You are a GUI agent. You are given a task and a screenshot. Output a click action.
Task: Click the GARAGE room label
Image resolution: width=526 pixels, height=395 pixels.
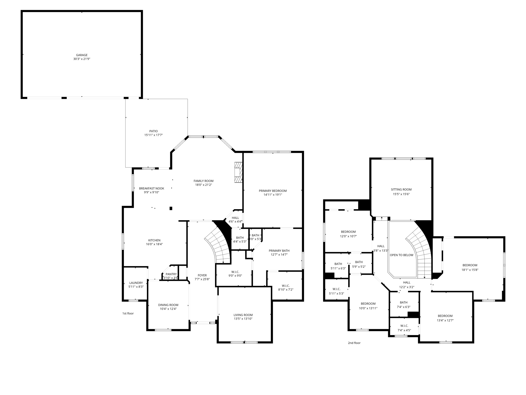[x=82, y=55]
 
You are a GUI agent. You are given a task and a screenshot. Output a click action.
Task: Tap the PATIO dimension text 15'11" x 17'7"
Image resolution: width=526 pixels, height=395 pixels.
[x=153, y=135]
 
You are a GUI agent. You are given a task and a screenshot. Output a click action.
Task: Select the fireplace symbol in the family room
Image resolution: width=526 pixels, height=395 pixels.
[x=238, y=172]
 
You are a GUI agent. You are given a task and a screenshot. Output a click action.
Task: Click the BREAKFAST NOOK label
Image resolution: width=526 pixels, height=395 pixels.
[x=152, y=188]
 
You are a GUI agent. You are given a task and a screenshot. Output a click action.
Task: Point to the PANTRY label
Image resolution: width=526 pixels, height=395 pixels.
[x=171, y=274]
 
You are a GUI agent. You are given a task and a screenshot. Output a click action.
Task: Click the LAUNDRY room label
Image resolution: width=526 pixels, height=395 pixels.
[x=136, y=283]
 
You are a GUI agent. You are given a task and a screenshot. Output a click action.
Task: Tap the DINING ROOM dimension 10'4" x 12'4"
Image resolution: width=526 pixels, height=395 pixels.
[x=168, y=309]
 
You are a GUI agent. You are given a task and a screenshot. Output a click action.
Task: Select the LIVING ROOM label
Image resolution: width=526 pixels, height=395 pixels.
[x=243, y=315]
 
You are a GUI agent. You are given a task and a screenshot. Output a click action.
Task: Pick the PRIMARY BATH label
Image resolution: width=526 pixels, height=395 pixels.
[x=279, y=251]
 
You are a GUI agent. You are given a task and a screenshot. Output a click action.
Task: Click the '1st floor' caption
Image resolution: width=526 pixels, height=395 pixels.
[x=128, y=313]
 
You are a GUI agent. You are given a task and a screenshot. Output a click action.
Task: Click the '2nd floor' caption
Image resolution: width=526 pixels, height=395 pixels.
[x=354, y=343]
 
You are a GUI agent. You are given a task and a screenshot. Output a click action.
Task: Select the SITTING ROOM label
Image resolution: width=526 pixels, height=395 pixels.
[x=401, y=190]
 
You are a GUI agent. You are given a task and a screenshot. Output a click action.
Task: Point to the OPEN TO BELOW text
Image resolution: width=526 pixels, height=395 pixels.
[x=401, y=255]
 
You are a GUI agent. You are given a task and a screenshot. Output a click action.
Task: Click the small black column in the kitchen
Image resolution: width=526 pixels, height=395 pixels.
[x=171, y=208]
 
